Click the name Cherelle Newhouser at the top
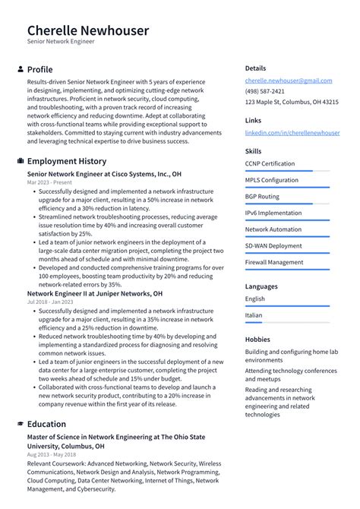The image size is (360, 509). (x=88, y=30)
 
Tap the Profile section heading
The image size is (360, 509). (x=39, y=69)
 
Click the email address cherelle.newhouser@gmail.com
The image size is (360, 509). (x=288, y=81)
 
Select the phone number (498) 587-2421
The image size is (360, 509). (x=265, y=91)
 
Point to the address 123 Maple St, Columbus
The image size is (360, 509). (x=292, y=102)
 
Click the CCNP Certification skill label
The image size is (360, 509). (x=270, y=163)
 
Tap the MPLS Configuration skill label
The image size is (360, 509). (x=271, y=180)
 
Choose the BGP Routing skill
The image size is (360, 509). (x=262, y=197)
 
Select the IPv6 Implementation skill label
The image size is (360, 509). (x=273, y=213)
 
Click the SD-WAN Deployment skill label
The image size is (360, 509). (x=273, y=246)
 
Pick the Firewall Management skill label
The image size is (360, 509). (x=273, y=263)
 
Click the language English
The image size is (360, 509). (x=255, y=299)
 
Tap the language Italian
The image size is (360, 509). (x=254, y=315)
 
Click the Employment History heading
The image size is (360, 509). (x=67, y=161)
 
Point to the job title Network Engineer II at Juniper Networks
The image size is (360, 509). (x=94, y=293)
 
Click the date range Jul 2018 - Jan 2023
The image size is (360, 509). (x=50, y=302)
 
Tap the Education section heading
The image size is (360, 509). (x=46, y=424)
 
